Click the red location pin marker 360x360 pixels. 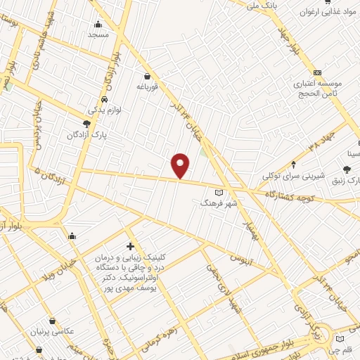pos(181,165)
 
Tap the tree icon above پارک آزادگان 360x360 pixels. pos(86,123)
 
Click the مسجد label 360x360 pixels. pos(98,34)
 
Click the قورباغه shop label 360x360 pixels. pos(150,87)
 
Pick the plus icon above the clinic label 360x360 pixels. pos(130,246)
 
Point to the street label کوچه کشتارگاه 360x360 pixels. pos(289,195)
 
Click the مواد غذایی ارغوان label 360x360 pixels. pos(324,12)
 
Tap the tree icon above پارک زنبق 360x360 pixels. pos(347,169)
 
